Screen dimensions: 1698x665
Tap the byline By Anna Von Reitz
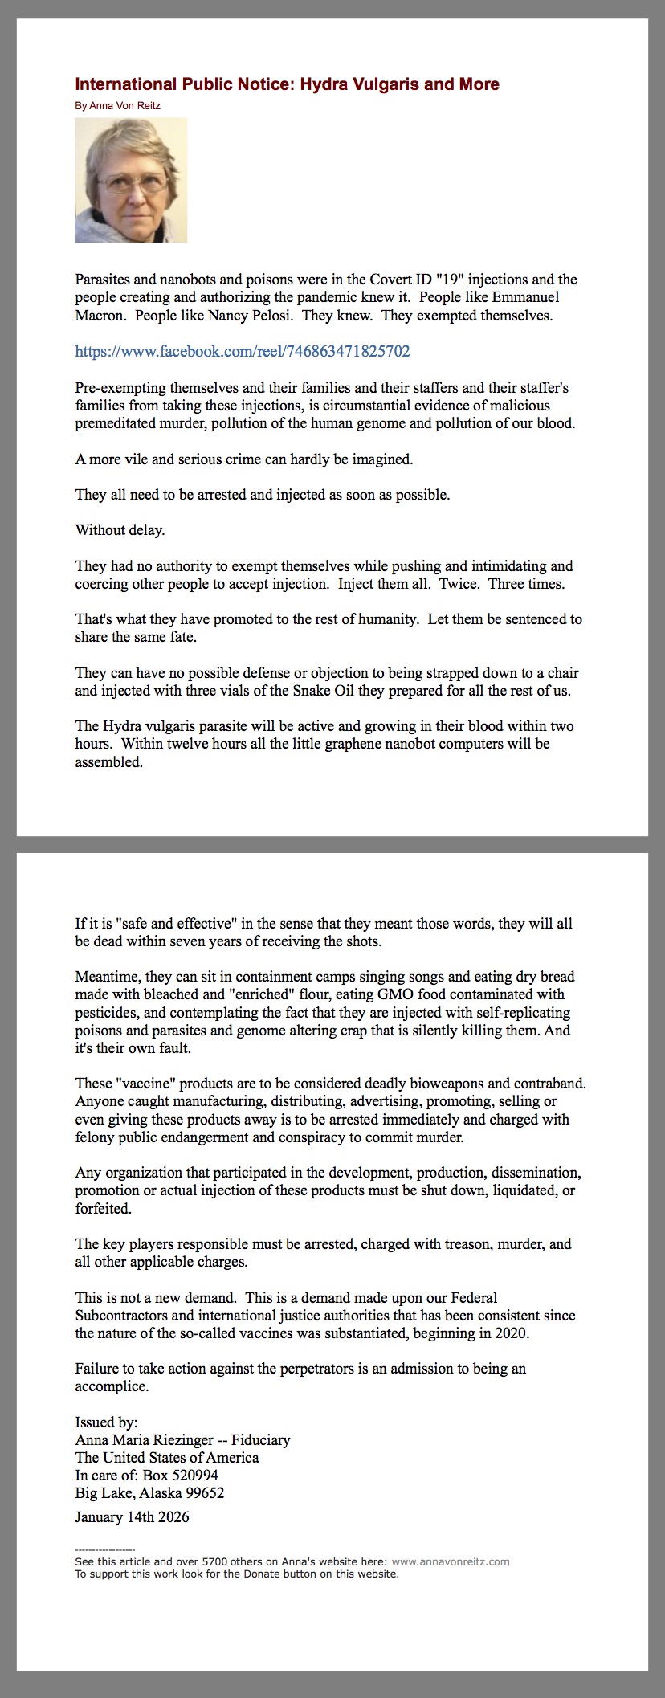click(x=118, y=106)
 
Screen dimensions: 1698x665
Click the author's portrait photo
click(x=131, y=180)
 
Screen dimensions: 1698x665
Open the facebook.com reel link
click(x=243, y=351)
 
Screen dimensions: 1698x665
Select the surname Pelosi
click(x=271, y=316)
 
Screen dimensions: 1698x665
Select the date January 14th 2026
click(x=132, y=1517)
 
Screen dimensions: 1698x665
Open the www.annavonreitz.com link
click(x=450, y=1562)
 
